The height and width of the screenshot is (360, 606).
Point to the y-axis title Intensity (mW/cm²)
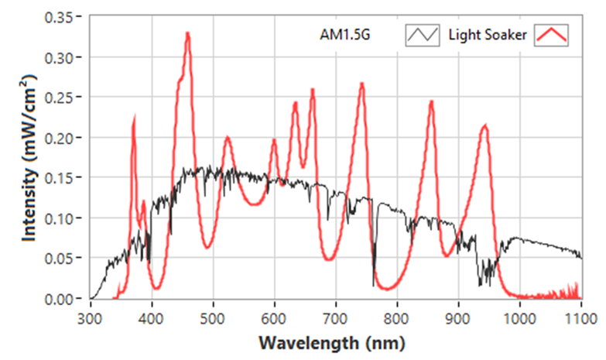(x=29, y=158)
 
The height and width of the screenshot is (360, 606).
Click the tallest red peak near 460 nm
(x=187, y=33)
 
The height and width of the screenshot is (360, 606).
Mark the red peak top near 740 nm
(x=361, y=83)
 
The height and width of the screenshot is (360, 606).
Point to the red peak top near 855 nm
(x=431, y=101)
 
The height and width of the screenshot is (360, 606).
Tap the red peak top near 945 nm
(x=485, y=125)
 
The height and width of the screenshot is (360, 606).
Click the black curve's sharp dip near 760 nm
(x=374, y=285)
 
